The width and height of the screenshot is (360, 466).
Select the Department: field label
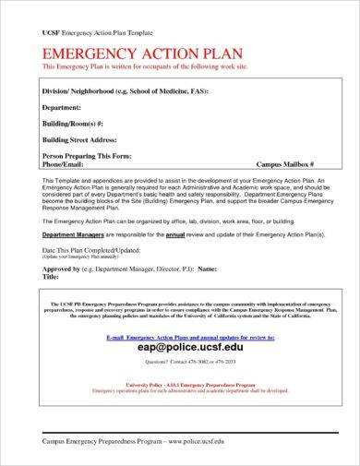pyautogui.click(x=66, y=109)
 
